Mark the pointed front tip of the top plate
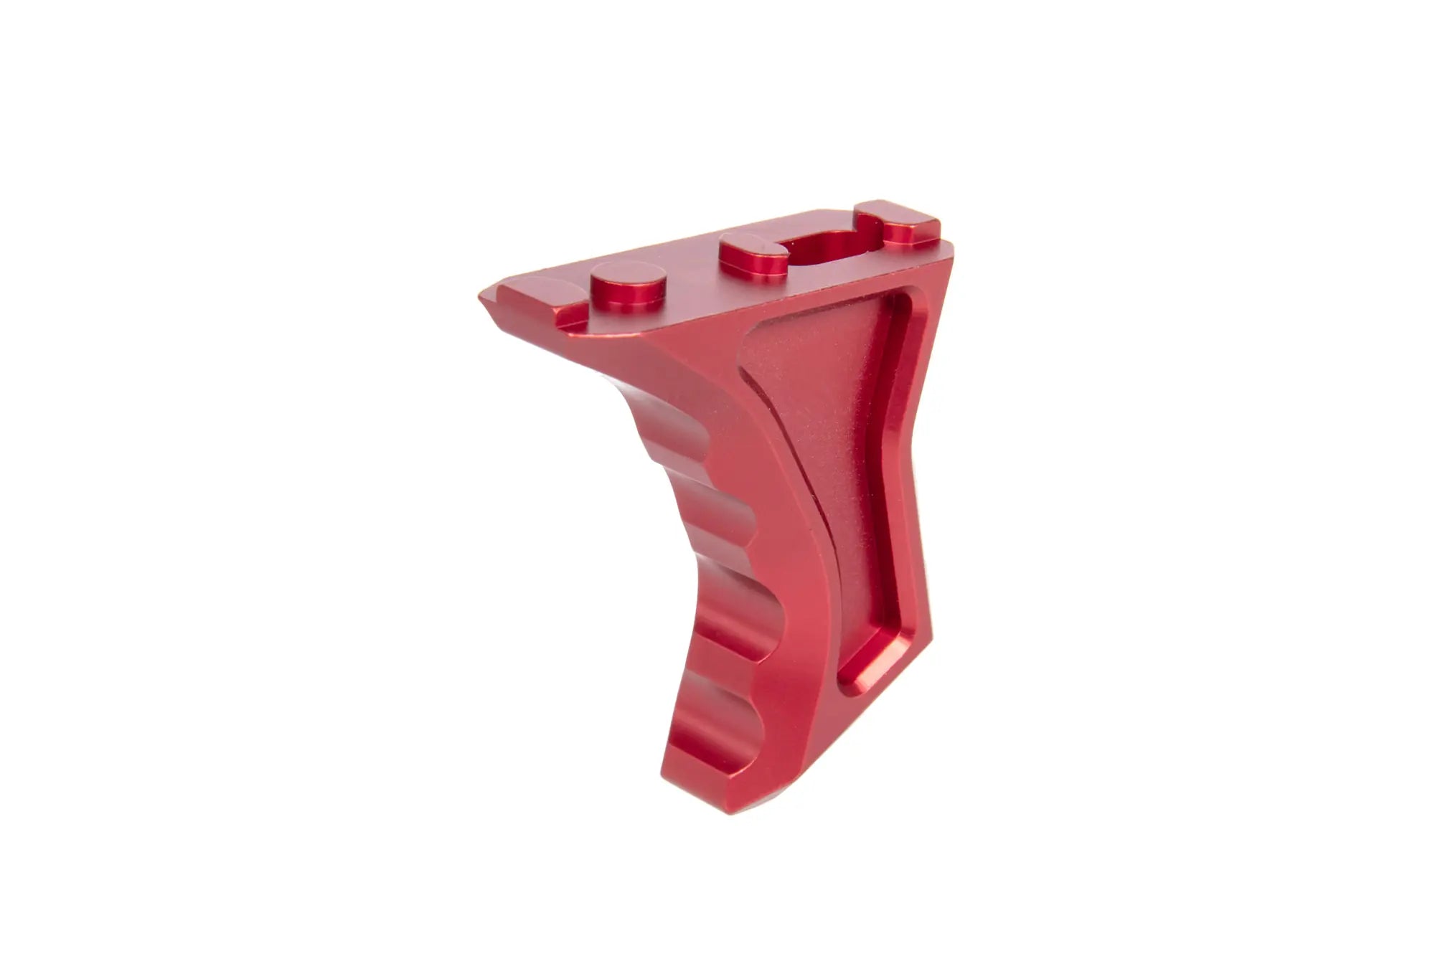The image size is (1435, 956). [x=482, y=296]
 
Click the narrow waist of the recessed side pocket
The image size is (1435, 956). [x=861, y=488]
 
